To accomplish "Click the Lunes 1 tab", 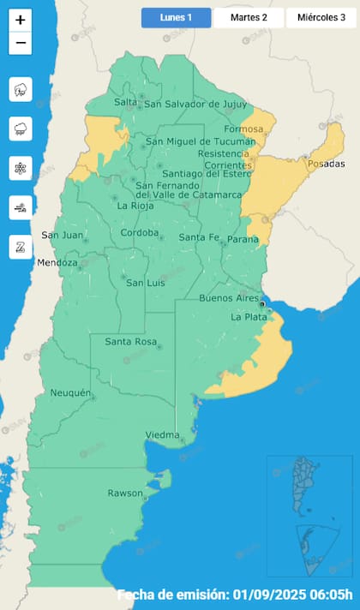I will [176, 17].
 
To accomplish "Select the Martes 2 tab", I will [249, 17].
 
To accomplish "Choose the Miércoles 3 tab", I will [321, 17].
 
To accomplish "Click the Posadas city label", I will [326, 164].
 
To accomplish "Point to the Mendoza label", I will [57, 262].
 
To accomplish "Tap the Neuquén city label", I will [70, 392].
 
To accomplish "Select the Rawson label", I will [125, 493].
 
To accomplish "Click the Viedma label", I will [162, 434].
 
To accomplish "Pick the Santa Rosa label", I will [129, 342].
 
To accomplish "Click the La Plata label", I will [249, 317].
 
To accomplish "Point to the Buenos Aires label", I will [228, 298].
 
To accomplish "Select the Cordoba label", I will [139, 232].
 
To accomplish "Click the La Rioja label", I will [135, 206].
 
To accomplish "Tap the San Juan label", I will [62, 236].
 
